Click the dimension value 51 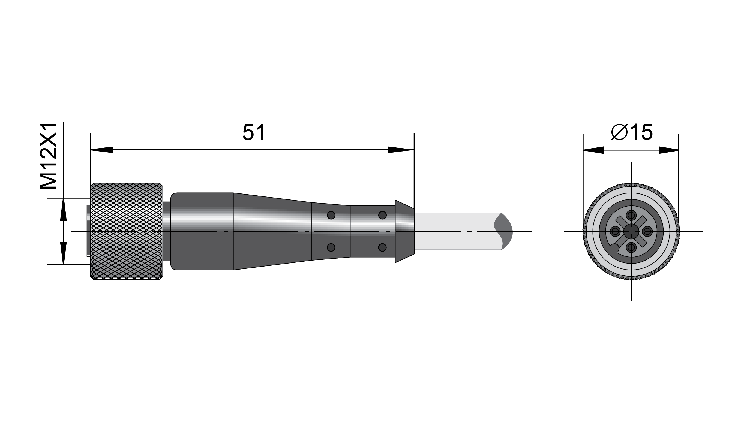pos(253,132)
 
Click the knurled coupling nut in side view pos(127,231)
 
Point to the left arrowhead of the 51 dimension pos(102,150)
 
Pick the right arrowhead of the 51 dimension pos(401,150)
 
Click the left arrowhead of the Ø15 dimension pos(594,150)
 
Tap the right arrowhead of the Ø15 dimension pos(669,150)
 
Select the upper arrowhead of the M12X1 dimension pos(63,209)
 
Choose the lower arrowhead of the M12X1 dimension pos(63,253)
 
